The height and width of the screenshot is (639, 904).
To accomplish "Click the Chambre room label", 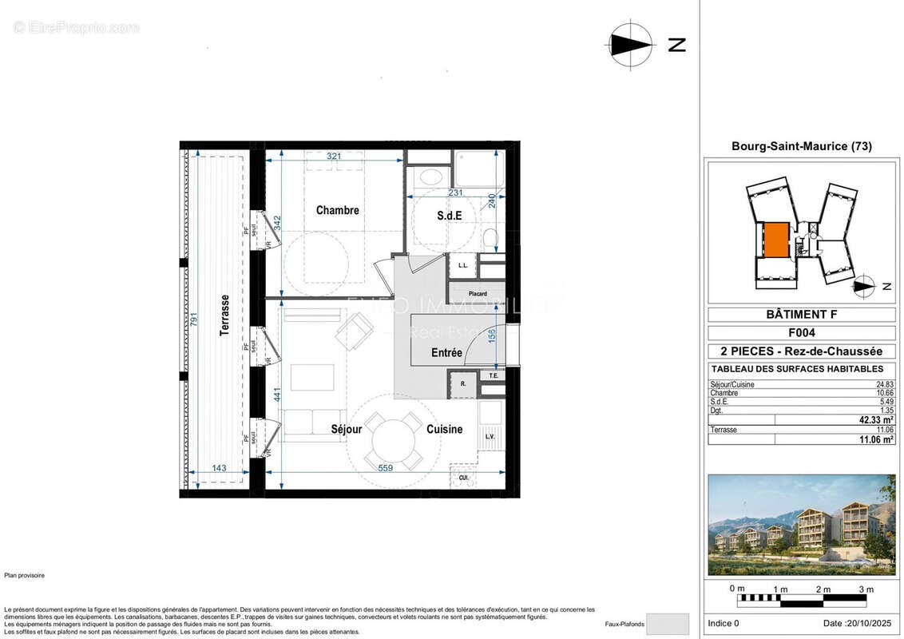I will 337,211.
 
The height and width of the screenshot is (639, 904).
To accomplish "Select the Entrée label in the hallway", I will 446,353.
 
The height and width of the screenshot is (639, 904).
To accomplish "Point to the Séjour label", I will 347,430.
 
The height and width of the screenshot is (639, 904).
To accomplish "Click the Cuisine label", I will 444,430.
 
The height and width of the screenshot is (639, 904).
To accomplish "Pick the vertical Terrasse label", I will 226,315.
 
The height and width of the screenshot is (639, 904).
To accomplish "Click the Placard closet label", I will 478,294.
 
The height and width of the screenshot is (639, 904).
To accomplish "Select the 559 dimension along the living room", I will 385,468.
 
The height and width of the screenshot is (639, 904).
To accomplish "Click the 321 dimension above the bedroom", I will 334,157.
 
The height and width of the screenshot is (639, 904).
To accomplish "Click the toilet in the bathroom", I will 490,237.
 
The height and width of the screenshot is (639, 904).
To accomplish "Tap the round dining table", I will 391,439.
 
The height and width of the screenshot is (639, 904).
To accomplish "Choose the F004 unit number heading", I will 801,333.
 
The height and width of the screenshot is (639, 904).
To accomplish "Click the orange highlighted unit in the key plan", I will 775,239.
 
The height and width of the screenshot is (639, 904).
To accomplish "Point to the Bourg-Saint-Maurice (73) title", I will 801,146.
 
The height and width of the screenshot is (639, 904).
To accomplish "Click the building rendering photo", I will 801,525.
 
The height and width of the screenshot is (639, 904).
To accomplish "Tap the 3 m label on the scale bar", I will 866,589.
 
